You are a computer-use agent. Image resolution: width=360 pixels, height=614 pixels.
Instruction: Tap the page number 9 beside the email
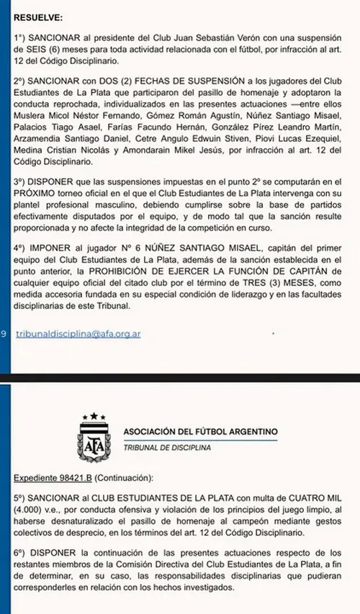click(5, 334)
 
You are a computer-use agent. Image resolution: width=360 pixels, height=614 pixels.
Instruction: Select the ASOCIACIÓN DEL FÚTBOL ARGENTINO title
click(200, 432)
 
